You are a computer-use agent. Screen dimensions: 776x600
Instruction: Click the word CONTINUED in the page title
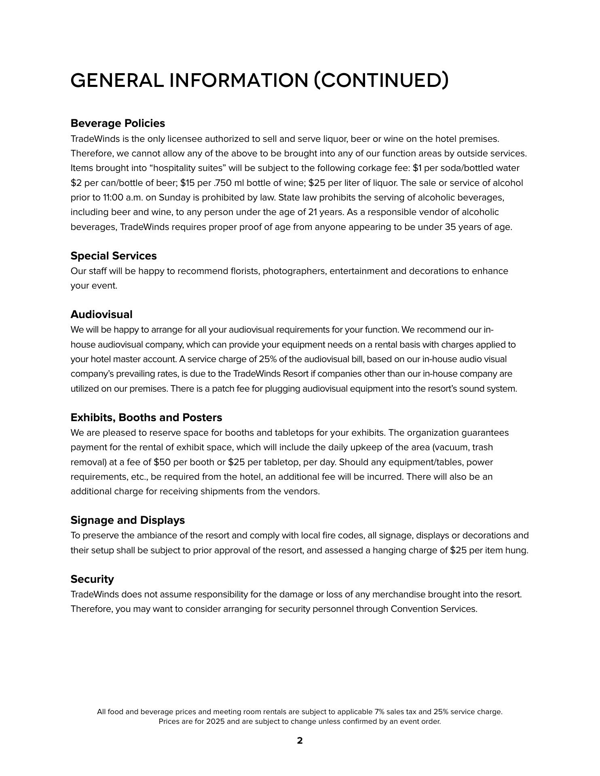(x=381, y=80)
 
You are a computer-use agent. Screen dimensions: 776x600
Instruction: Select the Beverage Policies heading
(x=118, y=123)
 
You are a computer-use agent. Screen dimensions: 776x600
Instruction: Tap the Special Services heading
(x=114, y=256)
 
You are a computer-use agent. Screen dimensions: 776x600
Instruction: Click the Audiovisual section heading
(x=101, y=314)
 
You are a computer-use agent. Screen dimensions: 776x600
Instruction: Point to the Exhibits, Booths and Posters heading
(x=146, y=417)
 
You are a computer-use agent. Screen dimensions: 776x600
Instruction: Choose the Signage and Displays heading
(x=128, y=520)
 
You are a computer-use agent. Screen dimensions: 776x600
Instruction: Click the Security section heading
(x=92, y=579)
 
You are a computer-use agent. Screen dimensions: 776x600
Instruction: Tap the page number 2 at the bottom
(x=300, y=741)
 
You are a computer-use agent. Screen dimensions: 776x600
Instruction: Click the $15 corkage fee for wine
(x=187, y=183)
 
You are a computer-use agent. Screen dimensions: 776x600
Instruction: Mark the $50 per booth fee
(x=162, y=462)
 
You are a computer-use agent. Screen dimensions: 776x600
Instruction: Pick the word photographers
(x=294, y=271)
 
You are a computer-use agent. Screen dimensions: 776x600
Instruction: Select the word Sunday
(x=174, y=198)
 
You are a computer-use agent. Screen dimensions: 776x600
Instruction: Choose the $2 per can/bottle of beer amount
(x=76, y=183)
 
